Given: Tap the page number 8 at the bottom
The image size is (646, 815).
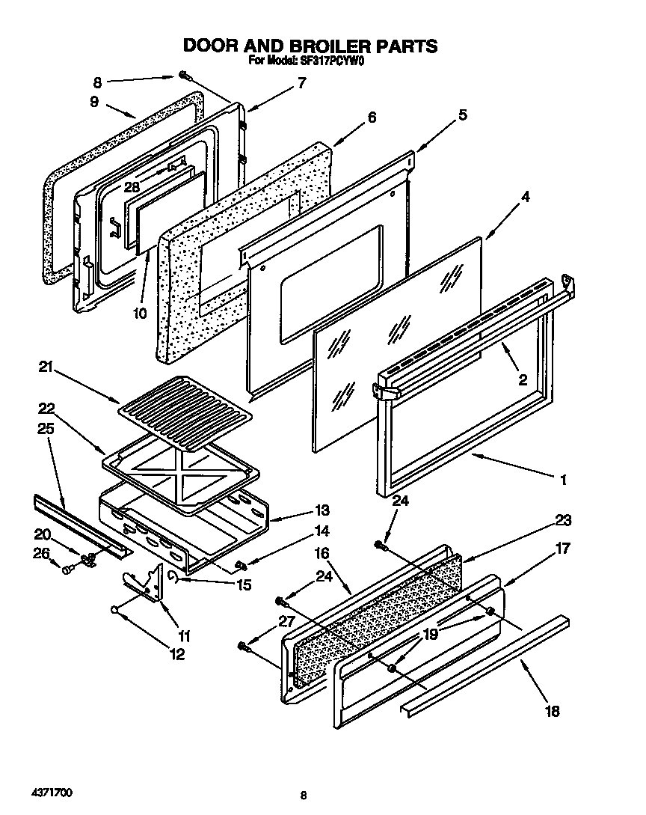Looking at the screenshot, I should [x=303, y=795].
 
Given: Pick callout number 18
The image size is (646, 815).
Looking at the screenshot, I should [x=552, y=711].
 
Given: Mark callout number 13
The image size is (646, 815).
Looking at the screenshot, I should [x=322, y=510].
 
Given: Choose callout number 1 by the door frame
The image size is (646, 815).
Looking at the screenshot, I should [x=563, y=479].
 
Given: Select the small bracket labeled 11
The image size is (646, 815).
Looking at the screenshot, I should [x=146, y=584].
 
